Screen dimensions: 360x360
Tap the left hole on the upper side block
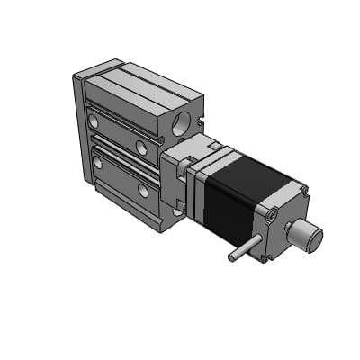point(94,120)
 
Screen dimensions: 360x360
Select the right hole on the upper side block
point(141,146)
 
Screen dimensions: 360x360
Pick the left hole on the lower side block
point(97,162)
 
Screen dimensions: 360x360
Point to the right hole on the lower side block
point(143,190)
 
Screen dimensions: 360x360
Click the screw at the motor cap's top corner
point(304,192)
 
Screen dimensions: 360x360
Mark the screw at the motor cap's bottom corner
point(267,256)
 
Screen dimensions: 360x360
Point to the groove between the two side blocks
point(121,153)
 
